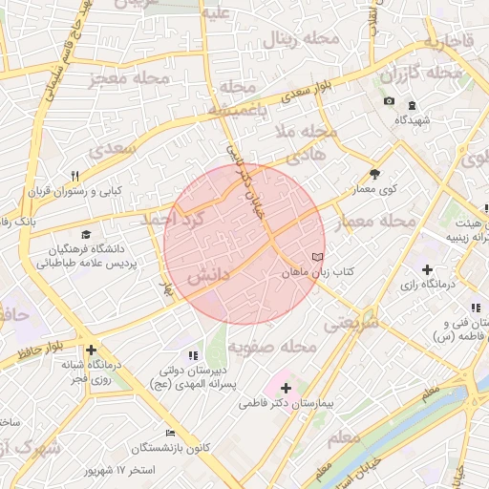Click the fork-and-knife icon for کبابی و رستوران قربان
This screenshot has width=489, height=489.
tap(74, 176)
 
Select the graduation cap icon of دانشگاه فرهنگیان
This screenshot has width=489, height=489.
tap(87, 234)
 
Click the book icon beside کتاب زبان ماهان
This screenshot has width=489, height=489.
tap(318, 258)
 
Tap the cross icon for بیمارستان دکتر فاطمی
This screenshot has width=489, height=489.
tap(286, 387)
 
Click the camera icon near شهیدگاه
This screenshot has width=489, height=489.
tap(389, 101)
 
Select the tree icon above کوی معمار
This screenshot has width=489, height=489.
tap(374, 174)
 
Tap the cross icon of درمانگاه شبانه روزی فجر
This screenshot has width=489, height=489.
tap(91, 350)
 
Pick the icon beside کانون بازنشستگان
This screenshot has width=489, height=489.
tap(171, 433)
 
